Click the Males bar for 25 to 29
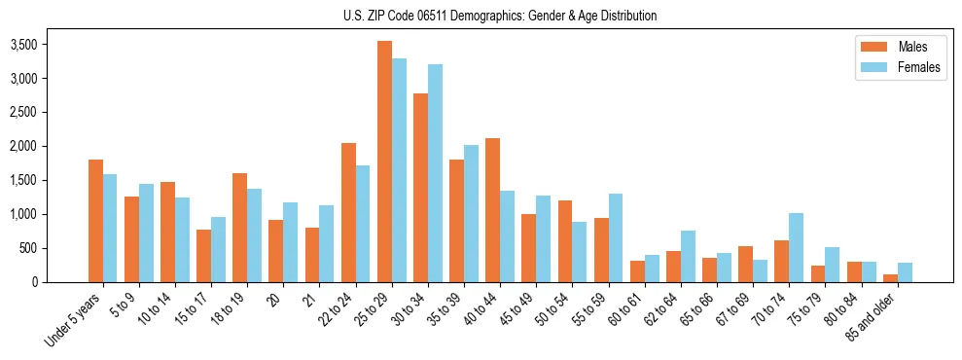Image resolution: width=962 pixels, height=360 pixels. coord(384,162)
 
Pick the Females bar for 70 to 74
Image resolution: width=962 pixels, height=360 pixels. coord(796,247)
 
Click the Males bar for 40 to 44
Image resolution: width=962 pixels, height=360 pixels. coord(492,210)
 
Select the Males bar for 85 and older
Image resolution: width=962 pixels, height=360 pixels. coord(890,278)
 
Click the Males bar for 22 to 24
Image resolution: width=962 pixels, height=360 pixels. coord(348,212)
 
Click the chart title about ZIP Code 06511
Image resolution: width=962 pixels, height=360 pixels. coord(500,16)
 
